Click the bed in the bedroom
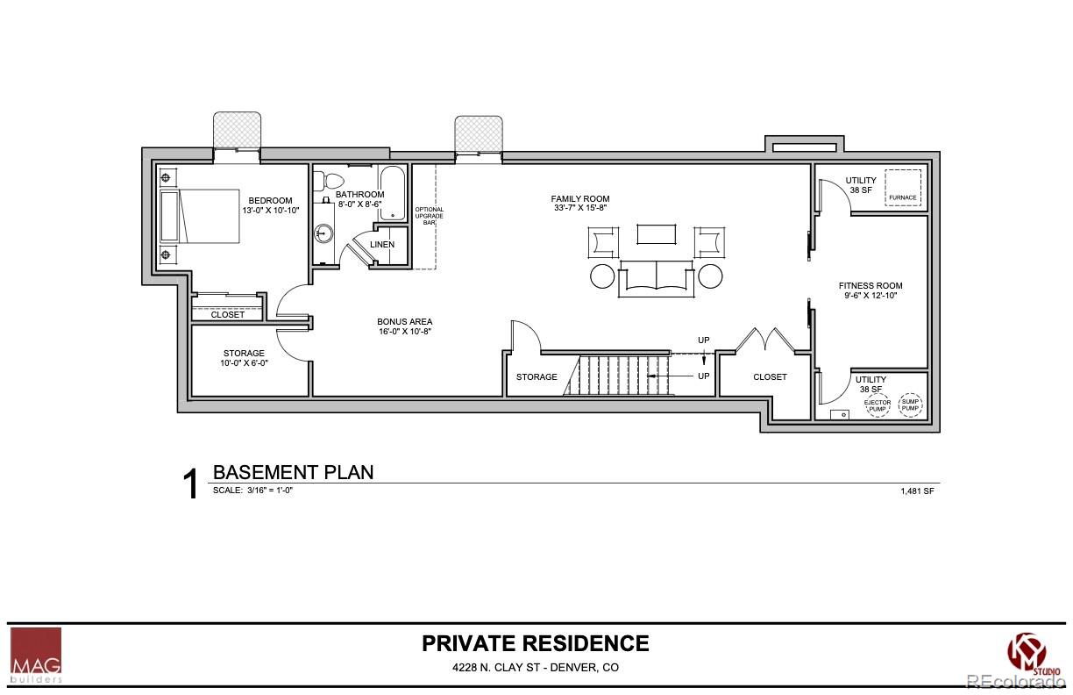coord(200,216)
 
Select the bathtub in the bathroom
coord(392,192)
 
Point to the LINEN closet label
coord(382,244)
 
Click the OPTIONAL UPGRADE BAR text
coord(429,216)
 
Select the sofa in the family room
coord(656,278)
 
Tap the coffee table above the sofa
coord(657,233)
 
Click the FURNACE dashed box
coord(902,188)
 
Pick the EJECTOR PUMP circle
coord(878,405)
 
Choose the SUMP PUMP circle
coord(912,405)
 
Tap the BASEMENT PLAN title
coord(293,472)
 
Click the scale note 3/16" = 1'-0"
coord(252,491)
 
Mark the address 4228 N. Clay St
coord(535,668)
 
